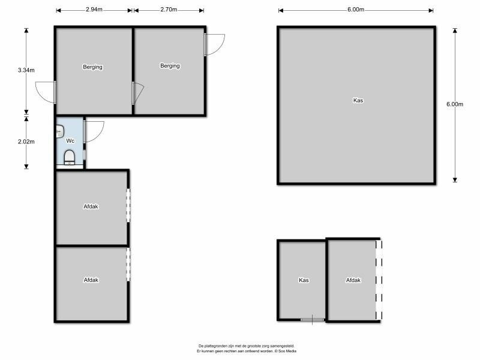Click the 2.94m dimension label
pyautogui.click(x=94, y=10)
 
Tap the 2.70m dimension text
pyautogui.click(x=169, y=10)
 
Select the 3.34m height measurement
pyautogui.click(x=26, y=70)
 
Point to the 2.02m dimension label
pyautogui.click(x=26, y=142)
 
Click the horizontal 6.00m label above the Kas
pyautogui.click(x=356, y=10)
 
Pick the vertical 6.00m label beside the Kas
pyautogui.click(x=455, y=104)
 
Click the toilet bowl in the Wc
pyautogui.click(x=70, y=157)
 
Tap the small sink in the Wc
pyautogui.click(x=60, y=131)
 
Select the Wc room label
pyautogui.click(x=70, y=141)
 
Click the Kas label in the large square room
pyautogui.click(x=358, y=100)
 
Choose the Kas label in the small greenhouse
pyautogui.click(x=304, y=280)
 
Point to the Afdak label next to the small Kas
pyautogui.click(x=353, y=280)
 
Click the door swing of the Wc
pyautogui.click(x=94, y=131)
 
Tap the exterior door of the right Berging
pyautogui.click(x=214, y=44)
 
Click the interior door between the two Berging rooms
pyautogui.click(x=137, y=93)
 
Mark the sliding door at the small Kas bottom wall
pyautogui.click(x=312, y=320)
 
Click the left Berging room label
pyautogui.click(x=92, y=67)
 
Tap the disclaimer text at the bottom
pyautogui.click(x=247, y=349)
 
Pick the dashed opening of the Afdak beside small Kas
pyautogui.click(x=379, y=280)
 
